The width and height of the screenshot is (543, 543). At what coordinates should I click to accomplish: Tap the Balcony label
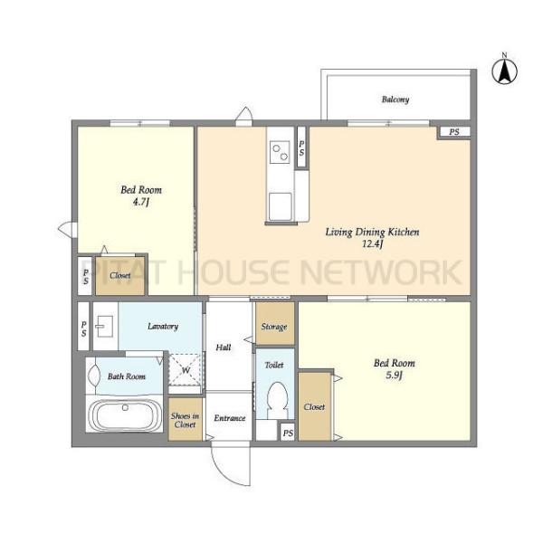click(395, 100)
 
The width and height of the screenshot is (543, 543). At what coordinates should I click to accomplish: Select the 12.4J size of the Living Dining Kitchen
click(372, 243)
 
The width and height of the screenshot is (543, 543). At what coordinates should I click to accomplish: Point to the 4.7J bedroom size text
click(141, 202)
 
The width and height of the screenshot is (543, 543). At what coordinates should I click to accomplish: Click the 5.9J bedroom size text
click(394, 375)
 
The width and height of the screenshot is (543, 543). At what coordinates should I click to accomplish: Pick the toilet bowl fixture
click(278, 400)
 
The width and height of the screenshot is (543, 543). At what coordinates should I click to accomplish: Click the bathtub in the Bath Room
click(124, 414)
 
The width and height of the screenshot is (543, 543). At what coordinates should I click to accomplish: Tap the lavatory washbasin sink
click(104, 326)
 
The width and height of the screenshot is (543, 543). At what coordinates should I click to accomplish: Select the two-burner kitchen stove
click(280, 152)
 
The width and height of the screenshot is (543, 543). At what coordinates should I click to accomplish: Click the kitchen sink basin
click(281, 206)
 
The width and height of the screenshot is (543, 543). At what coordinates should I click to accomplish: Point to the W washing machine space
click(186, 370)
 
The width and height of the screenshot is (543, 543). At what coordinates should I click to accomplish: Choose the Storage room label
click(274, 327)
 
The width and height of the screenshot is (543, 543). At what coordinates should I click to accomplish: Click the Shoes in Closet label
click(185, 420)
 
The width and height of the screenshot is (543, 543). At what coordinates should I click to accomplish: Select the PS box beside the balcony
click(454, 132)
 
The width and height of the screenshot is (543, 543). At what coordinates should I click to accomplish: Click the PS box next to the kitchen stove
click(301, 148)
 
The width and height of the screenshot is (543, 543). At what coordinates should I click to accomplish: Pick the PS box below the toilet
click(288, 433)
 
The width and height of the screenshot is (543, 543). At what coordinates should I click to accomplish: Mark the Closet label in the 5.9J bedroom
click(314, 407)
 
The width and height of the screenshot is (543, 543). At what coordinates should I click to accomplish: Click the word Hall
click(224, 347)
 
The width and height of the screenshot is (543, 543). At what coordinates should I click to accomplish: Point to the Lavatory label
click(163, 326)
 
